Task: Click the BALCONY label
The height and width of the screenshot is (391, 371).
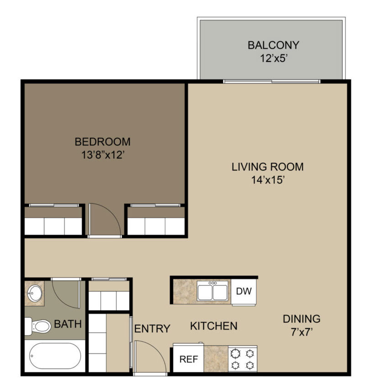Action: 273,45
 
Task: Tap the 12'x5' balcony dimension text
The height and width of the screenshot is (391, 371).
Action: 274,58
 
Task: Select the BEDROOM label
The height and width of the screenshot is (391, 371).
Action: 102,141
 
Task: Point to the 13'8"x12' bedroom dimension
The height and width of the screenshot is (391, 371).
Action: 103,155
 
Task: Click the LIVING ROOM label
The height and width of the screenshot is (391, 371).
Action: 267,167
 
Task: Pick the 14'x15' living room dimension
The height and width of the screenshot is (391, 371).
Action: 268,180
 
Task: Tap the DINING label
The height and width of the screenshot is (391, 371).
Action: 302,319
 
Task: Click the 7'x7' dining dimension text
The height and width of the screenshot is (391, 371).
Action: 302,332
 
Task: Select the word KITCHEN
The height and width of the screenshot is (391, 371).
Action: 214,326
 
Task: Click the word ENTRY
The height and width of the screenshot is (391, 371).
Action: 152,329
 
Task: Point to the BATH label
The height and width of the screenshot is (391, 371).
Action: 68,324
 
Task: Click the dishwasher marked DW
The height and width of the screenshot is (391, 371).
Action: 244,291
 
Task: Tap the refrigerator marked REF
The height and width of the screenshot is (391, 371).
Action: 188,358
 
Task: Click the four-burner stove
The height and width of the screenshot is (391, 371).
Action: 243,359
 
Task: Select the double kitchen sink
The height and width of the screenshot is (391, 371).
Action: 212,291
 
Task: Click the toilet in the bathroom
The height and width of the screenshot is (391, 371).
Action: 37,326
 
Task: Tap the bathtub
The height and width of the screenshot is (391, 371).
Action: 55,356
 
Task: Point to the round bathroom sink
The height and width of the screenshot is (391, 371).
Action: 35,293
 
